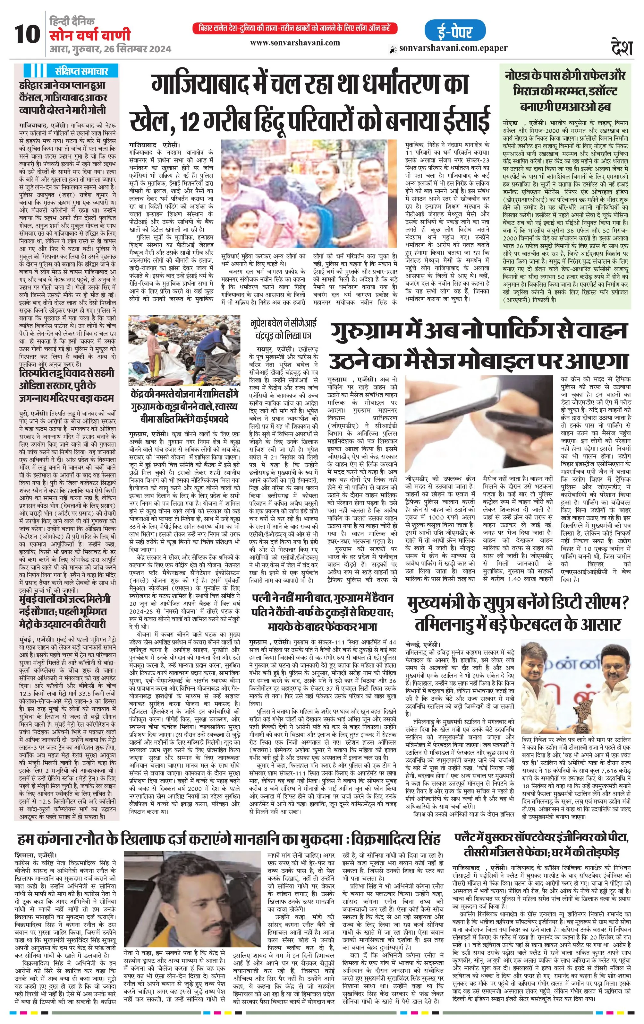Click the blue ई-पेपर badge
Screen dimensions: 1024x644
454,31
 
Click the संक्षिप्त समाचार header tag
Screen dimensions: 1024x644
81,71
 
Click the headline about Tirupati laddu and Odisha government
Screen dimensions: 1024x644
67,385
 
